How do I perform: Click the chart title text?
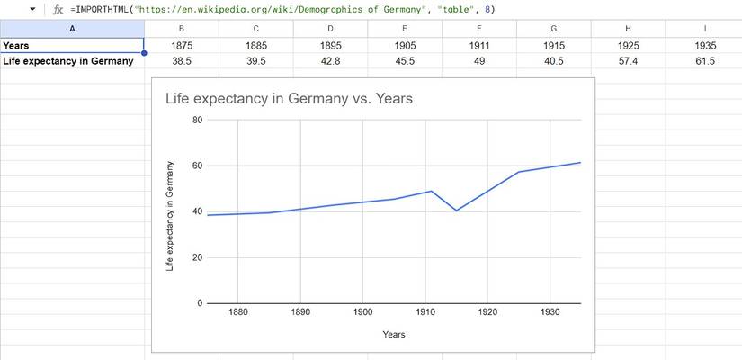[x=289, y=99]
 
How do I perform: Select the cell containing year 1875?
[x=182, y=45]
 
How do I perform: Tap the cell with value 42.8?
[x=329, y=61]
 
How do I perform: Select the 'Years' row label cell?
[x=72, y=45]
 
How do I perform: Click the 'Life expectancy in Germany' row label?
[x=72, y=61]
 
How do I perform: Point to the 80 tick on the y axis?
[x=197, y=120]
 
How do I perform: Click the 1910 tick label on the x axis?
[x=425, y=312]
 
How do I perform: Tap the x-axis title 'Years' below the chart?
[x=393, y=335]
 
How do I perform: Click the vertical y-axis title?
[x=170, y=216]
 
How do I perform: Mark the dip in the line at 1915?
[x=457, y=211]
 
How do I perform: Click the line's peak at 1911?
[x=432, y=191]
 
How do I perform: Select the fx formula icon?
[x=58, y=9]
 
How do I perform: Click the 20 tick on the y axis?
[x=197, y=257]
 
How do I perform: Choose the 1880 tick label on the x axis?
[x=237, y=312]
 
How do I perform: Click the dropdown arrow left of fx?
[x=33, y=9]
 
